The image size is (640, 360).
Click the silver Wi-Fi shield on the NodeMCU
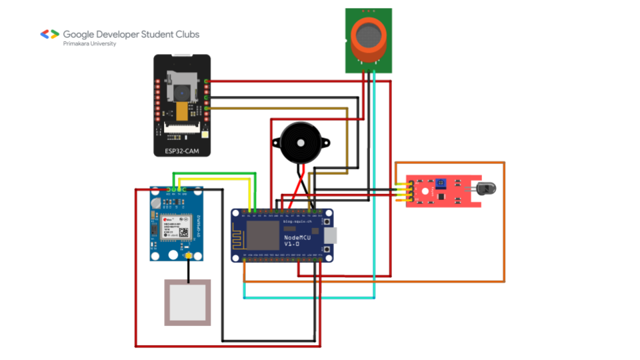pyautogui.click(x=263, y=235)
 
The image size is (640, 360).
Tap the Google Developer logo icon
pyautogui.click(x=50, y=34)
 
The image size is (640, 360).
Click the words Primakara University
pyautogui.click(x=89, y=44)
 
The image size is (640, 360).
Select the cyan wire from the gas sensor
pyautogui.click(x=375, y=200)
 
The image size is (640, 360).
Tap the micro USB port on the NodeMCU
pyautogui.click(x=331, y=235)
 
